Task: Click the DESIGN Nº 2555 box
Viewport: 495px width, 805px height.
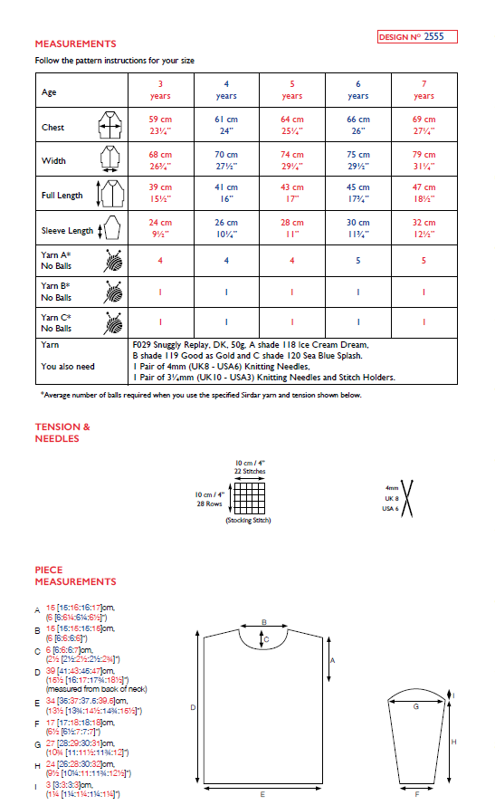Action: coord(417,37)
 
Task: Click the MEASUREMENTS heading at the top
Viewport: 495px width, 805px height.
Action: coord(75,43)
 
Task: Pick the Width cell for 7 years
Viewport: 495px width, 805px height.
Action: coord(424,160)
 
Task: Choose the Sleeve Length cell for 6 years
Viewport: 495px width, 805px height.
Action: coord(357,228)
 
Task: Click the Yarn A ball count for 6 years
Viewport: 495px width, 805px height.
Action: coord(357,260)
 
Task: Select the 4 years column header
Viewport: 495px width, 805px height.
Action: coord(226,90)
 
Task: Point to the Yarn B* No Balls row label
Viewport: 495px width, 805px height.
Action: coord(57,292)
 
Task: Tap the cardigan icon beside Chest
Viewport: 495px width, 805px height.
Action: coord(109,126)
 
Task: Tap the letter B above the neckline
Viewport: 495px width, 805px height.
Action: coord(263,622)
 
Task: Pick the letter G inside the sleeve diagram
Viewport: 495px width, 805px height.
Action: coord(415,703)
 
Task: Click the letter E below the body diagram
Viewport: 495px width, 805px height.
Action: coord(262,794)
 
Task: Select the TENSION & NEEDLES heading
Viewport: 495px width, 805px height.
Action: coord(62,433)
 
